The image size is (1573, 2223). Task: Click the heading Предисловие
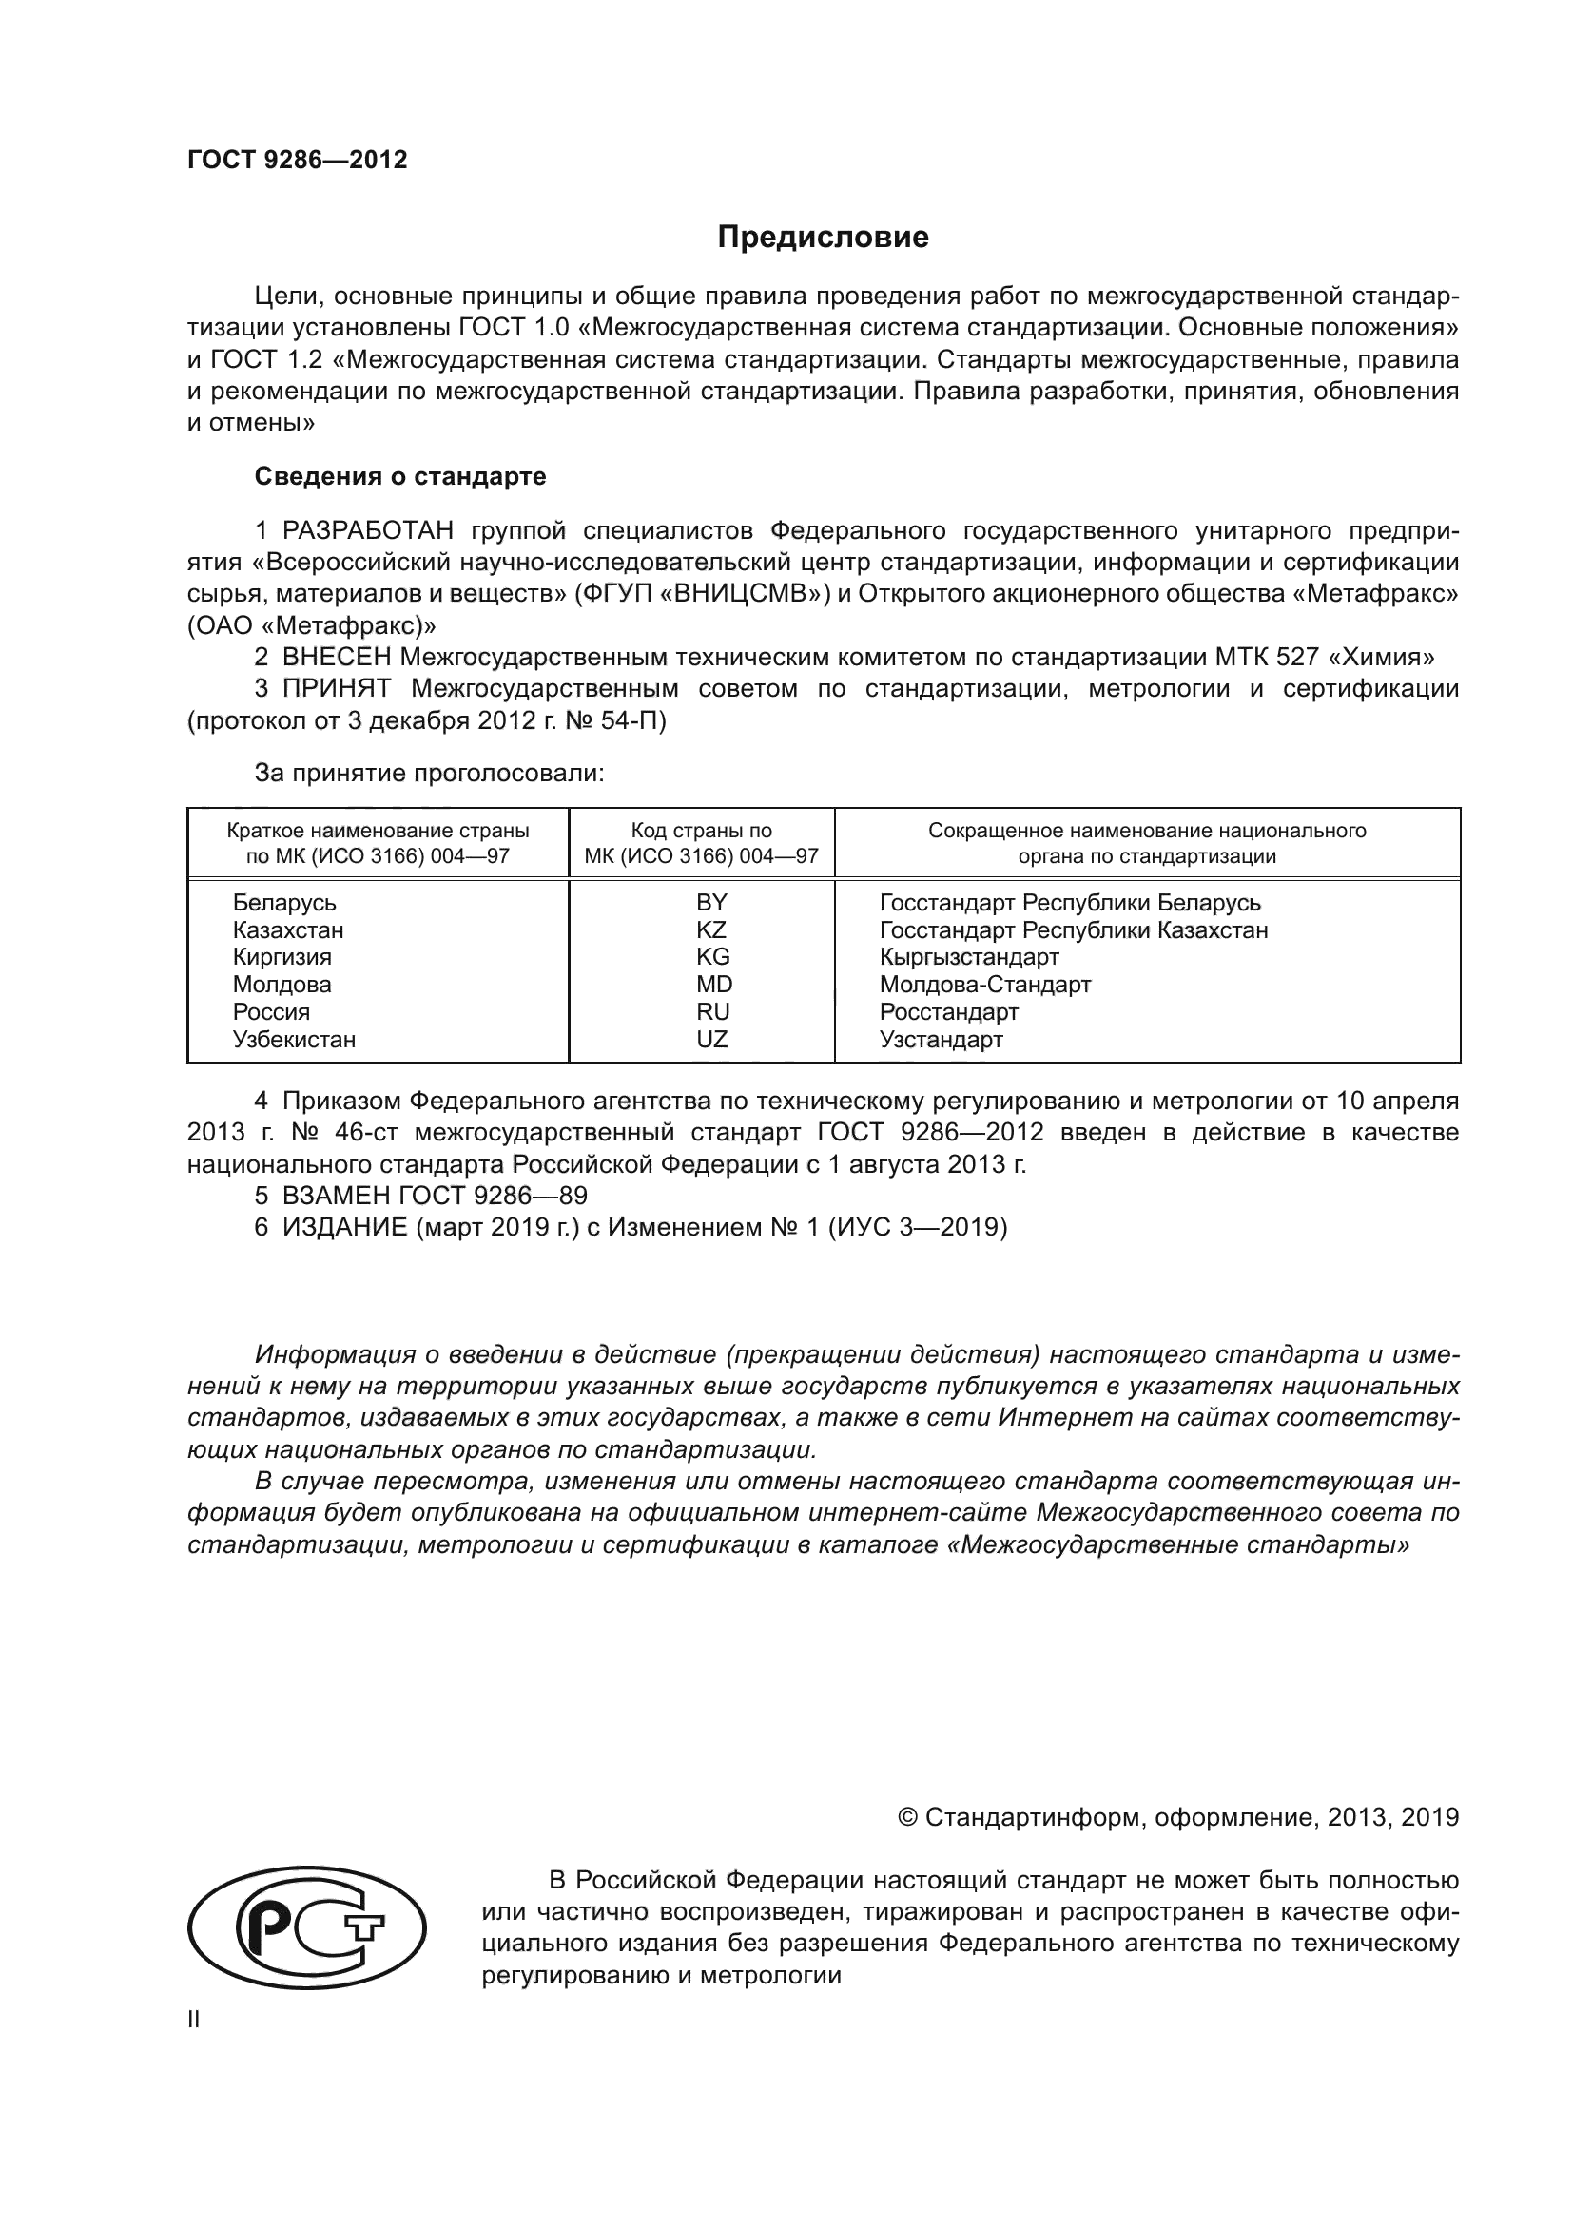(x=823, y=238)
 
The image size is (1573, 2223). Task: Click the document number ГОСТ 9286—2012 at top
(x=298, y=160)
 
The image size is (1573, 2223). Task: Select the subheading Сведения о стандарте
(x=400, y=476)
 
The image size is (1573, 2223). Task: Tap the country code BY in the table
(x=711, y=902)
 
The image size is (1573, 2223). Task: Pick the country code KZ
(x=711, y=929)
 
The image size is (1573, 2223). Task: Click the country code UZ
(x=711, y=1039)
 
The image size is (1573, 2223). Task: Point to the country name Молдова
(x=282, y=985)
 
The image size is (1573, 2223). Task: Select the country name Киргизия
(x=282, y=958)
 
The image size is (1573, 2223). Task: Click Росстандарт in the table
(x=948, y=1012)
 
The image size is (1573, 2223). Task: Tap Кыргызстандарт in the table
(x=968, y=958)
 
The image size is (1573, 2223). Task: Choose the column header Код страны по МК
(x=701, y=843)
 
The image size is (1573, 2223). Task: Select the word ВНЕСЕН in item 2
(x=337, y=658)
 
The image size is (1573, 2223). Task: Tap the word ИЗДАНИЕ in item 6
(x=345, y=1228)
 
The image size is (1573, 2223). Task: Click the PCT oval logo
(x=306, y=1928)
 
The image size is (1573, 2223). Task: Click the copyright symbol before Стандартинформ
(x=907, y=1817)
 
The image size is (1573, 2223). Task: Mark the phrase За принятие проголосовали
(x=429, y=773)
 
